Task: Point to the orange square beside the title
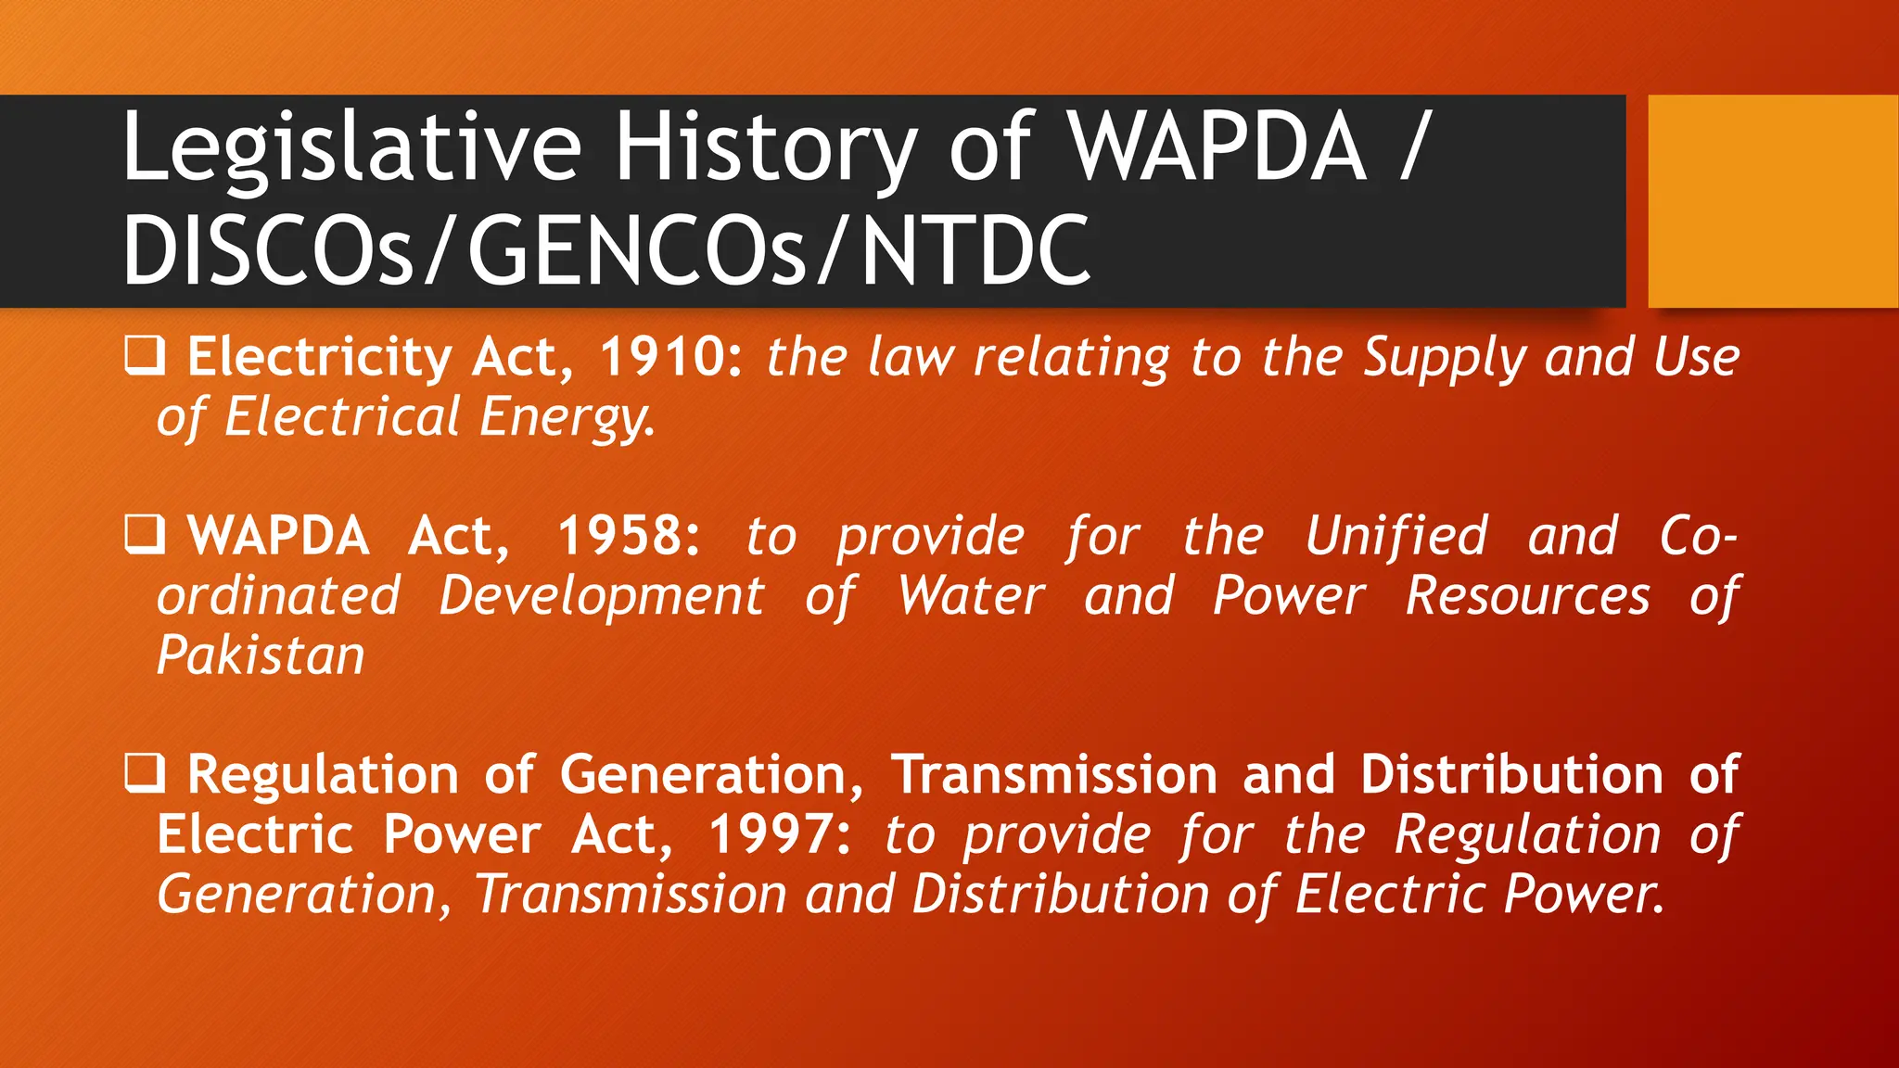1772,200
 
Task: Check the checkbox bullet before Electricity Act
145,357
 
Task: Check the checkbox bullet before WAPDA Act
145,536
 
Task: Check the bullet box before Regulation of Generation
145,774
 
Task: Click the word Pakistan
261,655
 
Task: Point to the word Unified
1396,536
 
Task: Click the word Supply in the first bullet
1444,359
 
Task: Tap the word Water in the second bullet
971,595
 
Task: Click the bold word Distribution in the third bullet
1511,774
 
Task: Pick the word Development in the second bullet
602,595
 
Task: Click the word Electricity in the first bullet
319,357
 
